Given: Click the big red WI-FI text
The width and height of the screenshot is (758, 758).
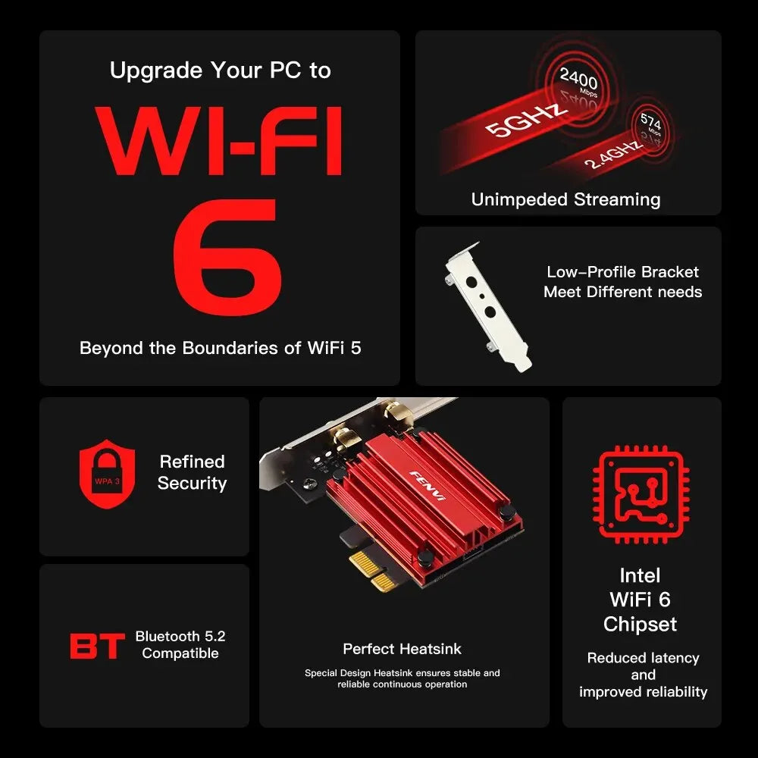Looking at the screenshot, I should point(220,143).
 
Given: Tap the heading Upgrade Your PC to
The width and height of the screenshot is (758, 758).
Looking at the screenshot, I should point(220,70).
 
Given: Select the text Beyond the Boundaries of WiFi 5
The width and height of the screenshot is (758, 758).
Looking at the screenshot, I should point(220,349).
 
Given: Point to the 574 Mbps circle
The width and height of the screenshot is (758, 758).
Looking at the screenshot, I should point(650,125).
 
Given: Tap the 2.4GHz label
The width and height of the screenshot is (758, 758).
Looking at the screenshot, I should point(612,155).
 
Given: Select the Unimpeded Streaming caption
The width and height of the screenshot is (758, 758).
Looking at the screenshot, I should point(565,199).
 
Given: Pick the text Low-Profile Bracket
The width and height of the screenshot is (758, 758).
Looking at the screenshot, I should point(622,272).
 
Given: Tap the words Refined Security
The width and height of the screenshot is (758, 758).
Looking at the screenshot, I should point(192,472).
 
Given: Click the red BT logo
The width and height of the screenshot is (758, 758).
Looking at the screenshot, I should point(97,647).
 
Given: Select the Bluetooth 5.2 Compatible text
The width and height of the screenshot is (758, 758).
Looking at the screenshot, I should point(180,645).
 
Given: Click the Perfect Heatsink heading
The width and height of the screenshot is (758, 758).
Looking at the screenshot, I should point(402,649).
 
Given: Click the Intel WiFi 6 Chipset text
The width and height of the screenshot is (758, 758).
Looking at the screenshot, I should point(641,600).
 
